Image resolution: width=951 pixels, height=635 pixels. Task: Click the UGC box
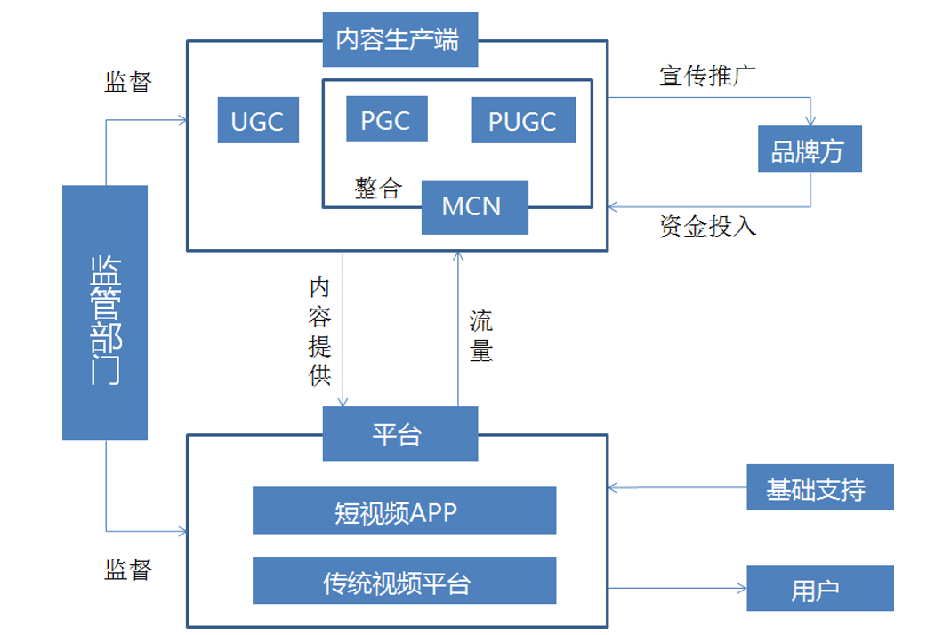click(x=258, y=120)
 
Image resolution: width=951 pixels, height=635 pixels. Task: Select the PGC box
click(x=386, y=118)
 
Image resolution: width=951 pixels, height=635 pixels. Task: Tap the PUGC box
click(x=523, y=120)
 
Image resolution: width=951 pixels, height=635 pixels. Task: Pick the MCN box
click(x=473, y=206)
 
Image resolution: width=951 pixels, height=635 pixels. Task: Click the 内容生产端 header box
click(x=399, y=40)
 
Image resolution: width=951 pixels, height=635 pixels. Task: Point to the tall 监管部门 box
click(x=105, y=312)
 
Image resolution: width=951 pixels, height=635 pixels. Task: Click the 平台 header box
click(x=399, y=434)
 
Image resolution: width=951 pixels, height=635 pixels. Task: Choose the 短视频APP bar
click(x=404, y=510)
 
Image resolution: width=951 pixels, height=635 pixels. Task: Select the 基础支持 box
click(x=819, y=487)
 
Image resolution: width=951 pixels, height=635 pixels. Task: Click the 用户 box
click(x=819, y=588)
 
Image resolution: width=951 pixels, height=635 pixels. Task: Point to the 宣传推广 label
click(x=707, y=76)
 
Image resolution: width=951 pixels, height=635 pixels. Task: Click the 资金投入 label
click(x=707, y=226)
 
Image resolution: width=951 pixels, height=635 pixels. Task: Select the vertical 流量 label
click(x=481, y=336)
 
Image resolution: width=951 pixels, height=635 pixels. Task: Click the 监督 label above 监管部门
click(x=129, y=83)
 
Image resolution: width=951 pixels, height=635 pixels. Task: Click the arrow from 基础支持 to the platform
click(x=676, y=487)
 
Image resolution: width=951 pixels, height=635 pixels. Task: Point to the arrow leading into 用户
click(x=676, y=588)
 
